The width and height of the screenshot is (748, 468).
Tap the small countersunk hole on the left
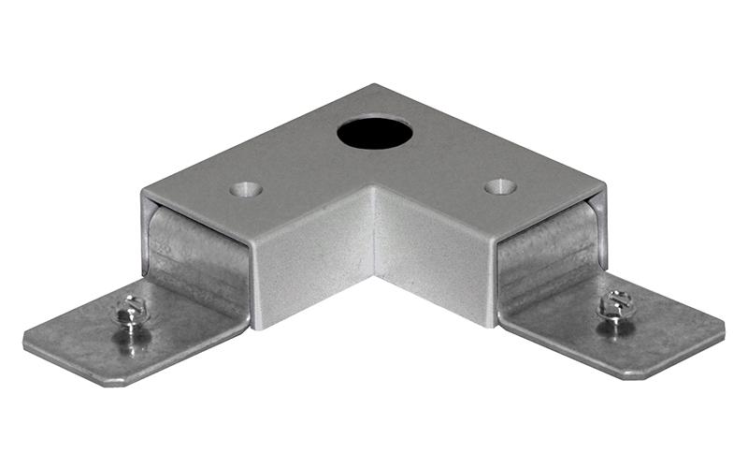tap(246, 189)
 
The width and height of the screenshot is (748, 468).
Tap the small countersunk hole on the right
tap(501, 186)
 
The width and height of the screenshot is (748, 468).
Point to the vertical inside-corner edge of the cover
tap(374, 229)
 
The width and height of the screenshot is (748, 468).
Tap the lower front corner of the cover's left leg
tap(252, 327)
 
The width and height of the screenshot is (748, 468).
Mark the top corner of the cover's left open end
tap(143, 194)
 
